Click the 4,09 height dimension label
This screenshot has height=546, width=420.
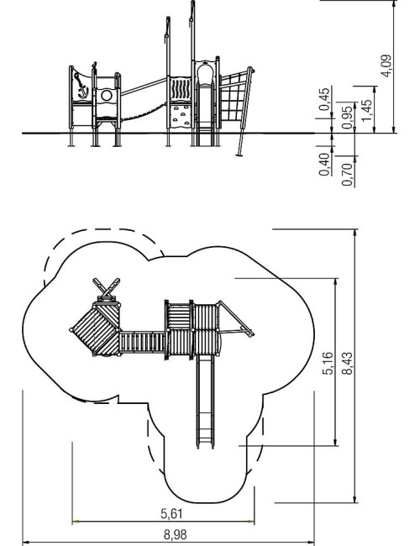tap(386, 66)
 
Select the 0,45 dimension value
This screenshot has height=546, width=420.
tap(324, 99)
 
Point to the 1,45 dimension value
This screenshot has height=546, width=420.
tap(367, 110)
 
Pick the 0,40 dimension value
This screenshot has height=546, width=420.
tap(324, 165)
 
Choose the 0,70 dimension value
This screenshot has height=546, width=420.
tap(347, 175)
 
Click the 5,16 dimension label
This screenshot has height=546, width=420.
tap(328, 363)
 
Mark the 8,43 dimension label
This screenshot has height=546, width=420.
tap(347, 363)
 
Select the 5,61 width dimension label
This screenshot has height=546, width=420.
tap(171, 513)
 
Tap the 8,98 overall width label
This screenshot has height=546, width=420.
tap(175, 534)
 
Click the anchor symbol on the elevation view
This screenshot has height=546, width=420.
tap(82, 87)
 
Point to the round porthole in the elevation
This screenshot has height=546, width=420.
tap(107, 95)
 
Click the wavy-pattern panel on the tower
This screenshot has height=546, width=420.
tap(180, 89)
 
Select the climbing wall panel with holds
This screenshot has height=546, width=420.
tap(181, 116)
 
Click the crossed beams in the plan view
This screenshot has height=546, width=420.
tap(107, 286)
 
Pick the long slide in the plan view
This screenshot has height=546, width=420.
tap(205, 402)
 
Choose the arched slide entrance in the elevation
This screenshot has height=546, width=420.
tap(205, 74)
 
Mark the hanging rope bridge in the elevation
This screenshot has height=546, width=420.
tap(143, 112)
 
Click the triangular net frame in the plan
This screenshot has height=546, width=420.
tap(235, 318)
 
